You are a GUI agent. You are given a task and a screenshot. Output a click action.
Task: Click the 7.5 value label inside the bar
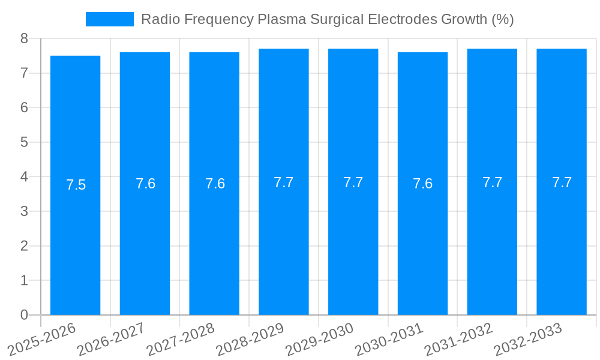click(76, 185)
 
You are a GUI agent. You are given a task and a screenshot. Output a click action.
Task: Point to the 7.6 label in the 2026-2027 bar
click(145, 184)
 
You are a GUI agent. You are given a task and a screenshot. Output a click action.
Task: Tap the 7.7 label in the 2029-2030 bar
click(353, 182)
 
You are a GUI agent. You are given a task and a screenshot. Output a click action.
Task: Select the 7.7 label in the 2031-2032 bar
click(492, 182)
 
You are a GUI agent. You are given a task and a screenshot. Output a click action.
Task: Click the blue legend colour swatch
click(110, 19)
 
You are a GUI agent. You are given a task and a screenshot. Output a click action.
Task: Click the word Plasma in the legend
click(281, 19)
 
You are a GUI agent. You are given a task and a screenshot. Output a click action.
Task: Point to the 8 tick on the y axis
click(24, 38)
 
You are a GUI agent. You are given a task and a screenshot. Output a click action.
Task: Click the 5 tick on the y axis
click(24, 142)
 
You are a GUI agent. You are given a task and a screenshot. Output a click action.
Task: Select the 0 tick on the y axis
click(24, 315)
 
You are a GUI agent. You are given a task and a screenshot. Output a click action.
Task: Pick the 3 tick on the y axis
click(24, 211)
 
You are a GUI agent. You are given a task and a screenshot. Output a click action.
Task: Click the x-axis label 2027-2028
click(181, 339)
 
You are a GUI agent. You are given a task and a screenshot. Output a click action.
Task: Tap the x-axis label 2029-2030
click(320, 339)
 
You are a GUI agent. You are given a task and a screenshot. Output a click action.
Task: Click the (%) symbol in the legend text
click(502, 19)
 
